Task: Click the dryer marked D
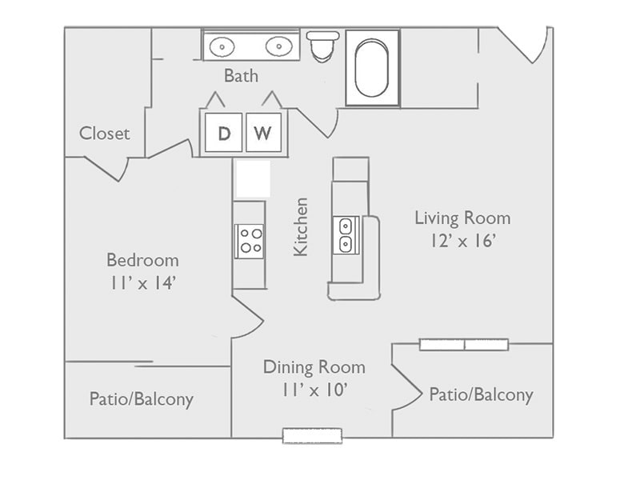tap(224, 133)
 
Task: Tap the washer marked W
tap(263, 133)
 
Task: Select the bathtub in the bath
tap(372, 67)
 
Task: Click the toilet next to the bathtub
tap(322, 46)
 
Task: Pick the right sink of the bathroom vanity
tap(278, 47)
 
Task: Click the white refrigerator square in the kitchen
tap(253, 179)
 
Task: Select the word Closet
tap(104, 134)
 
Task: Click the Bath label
tap(241, 76)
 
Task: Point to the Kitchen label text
tap(301, 227)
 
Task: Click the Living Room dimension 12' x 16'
tap(462, 241)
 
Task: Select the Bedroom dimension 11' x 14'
tap(142, 283)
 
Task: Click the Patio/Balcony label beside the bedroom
tap(141, 398)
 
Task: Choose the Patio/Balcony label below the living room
tap(481, 394)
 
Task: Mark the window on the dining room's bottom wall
tap(312, 435)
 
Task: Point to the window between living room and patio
tap(464, 345)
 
